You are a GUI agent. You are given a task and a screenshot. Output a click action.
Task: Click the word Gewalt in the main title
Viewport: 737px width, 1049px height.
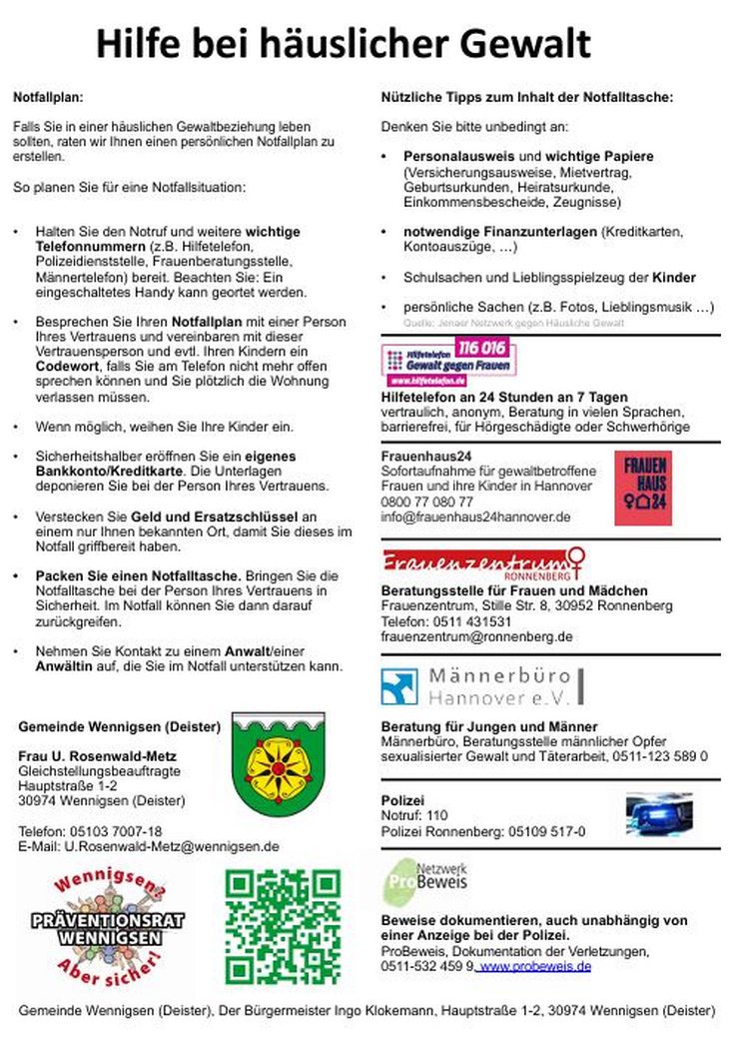coord(524,44)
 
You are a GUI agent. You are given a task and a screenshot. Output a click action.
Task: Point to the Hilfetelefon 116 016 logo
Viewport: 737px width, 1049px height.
coord(448,362)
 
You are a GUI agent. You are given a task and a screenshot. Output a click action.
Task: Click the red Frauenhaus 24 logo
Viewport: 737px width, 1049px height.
coord(642,488)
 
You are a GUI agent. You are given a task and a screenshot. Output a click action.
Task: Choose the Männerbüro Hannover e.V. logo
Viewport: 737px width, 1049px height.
coord(482,686)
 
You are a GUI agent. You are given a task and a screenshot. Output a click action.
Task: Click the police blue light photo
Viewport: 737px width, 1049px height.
coord(658,814)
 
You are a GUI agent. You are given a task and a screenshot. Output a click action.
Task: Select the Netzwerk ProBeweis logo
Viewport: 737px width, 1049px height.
coord(425,882)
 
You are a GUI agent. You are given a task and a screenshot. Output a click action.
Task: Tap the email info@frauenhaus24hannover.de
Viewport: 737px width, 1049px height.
coord(475,517)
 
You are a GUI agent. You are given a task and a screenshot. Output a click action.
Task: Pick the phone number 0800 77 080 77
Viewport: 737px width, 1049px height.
coord(427,502)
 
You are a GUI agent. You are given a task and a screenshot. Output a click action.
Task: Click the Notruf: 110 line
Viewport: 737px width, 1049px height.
coord(414,815)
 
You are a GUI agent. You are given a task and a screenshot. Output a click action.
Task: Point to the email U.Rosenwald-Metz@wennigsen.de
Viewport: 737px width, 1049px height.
coord(172,846)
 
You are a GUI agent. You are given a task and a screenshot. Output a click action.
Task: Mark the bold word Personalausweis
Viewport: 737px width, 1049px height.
coord(458,157)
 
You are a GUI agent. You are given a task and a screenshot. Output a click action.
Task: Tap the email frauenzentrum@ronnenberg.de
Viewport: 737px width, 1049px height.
coord(476,636)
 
